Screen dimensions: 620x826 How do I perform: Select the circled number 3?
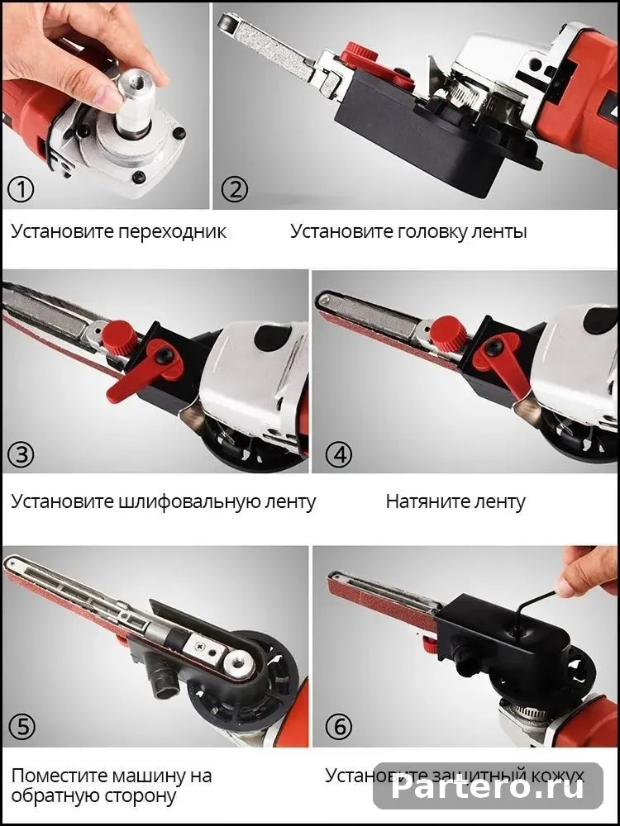pos(21,454)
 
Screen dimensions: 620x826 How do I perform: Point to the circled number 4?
pos(338,454)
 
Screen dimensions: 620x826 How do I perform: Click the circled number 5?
pos(21,727)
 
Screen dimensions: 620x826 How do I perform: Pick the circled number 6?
pos(338,727)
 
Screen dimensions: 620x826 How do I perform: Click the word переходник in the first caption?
pos(172,232)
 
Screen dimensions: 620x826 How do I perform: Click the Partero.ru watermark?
pos(489,787)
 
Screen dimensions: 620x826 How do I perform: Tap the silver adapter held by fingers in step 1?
pos(133,103)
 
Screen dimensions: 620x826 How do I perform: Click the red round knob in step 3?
pos(120,337)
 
